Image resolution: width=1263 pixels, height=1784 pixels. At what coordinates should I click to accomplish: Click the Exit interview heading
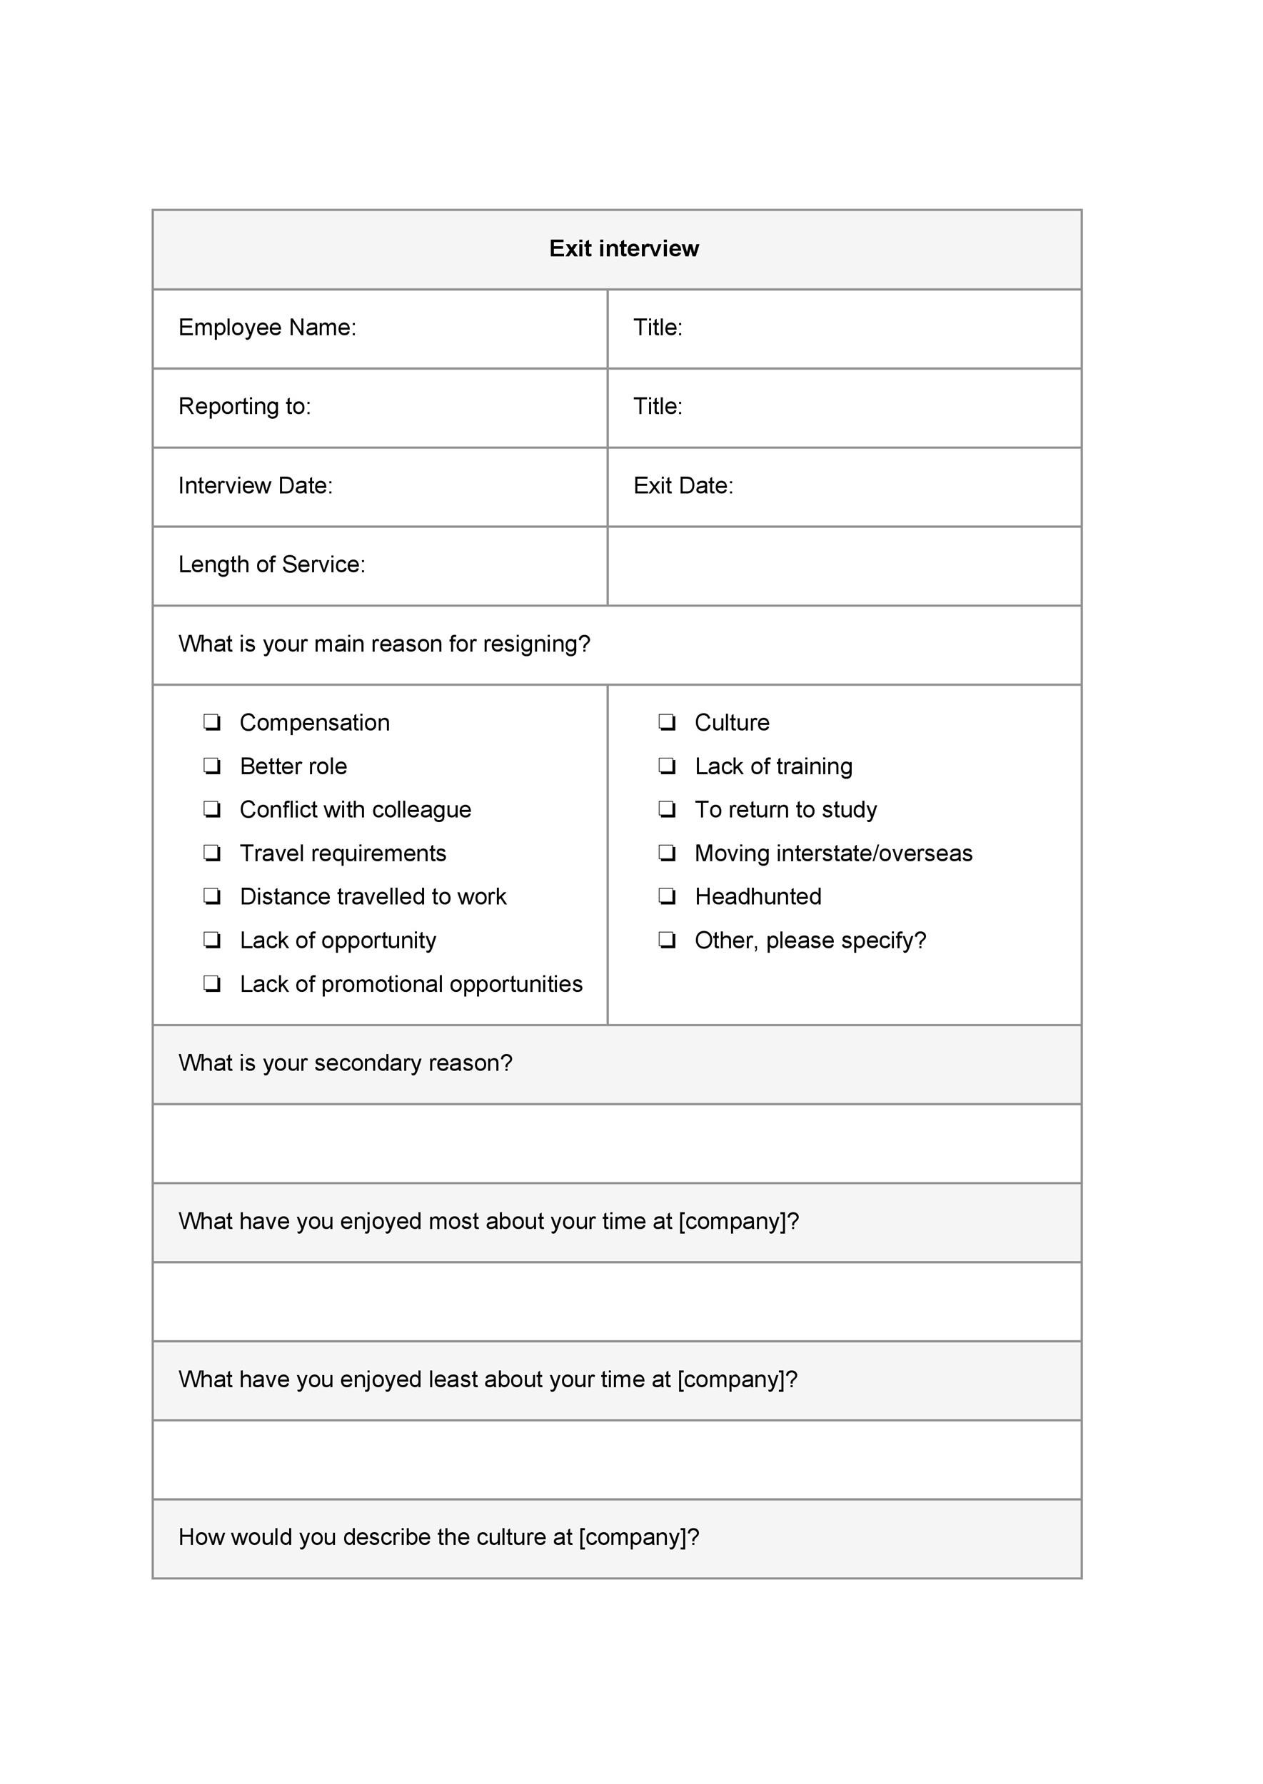(x=624, y=249)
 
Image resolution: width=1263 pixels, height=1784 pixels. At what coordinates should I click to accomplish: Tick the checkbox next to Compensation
(x=211, y=723)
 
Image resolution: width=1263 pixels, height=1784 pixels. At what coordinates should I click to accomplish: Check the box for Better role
(x=211, y=766)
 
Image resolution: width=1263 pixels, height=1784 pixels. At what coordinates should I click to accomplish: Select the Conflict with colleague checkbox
(x=211, y=810)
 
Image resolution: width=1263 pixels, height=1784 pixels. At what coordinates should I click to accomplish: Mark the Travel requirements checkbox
(x=211, y=853)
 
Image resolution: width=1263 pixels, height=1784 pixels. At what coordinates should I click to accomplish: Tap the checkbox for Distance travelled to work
(x=211, y=897)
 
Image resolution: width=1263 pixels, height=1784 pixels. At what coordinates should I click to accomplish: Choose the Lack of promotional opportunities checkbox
(x=211, y=984)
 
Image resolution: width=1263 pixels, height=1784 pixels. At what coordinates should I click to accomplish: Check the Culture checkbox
(x=667, y=723)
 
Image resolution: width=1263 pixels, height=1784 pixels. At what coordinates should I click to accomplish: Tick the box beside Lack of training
(x=667, y=766)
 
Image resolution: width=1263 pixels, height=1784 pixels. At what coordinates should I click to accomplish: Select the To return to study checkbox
(x=667, y=810)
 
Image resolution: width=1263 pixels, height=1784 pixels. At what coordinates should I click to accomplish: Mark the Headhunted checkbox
(x=667, y=897)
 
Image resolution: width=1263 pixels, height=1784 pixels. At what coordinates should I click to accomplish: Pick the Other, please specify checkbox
(x=667, y=941)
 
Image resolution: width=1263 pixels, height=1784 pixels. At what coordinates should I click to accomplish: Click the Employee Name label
(x=267, y=328)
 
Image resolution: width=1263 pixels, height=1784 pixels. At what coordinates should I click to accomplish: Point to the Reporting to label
(x=244, y=407)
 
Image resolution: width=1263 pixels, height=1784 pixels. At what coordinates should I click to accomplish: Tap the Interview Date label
(x=255, y=486)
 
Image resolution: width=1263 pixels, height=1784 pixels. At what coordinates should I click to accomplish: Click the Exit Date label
(x=683, y=486)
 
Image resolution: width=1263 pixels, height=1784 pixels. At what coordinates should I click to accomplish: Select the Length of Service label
(x=271, y=564)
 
